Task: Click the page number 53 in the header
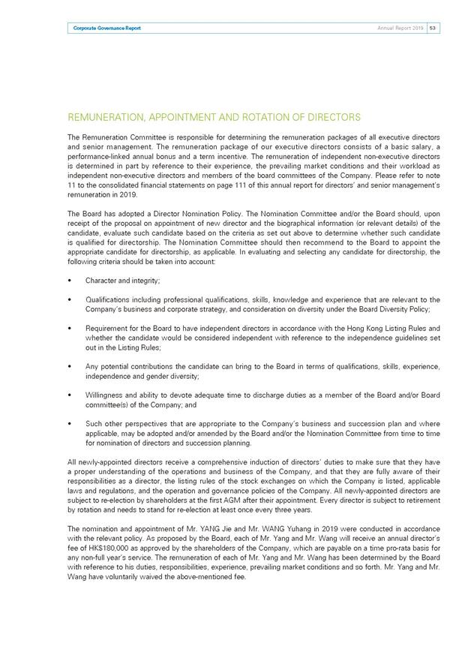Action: coord(433,28)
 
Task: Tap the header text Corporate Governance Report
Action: coord(106,28)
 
